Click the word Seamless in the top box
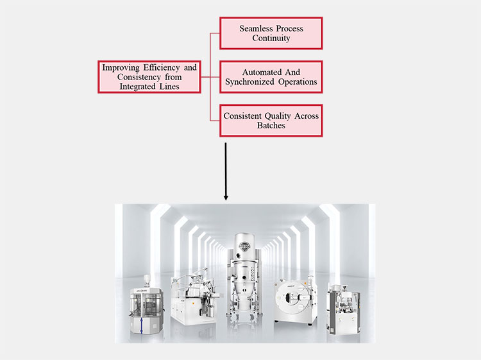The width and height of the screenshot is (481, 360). (x=255, y=28)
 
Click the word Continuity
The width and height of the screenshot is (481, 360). (x=271, y=38)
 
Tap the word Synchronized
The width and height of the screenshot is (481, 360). (x=249, y=81)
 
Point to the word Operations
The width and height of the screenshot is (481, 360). (x=298, y=81)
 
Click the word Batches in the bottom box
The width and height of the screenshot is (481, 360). (x=271, y=125)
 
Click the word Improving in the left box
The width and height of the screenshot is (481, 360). (x=121, y=67)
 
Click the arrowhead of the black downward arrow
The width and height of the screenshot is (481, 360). (x=226, y=197)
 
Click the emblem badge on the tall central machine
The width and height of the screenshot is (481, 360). (x=244, y=246)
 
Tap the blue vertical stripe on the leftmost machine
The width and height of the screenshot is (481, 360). (x=141, y=325)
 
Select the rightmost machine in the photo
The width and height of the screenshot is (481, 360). (x=343, y=309)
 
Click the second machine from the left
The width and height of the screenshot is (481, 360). (x=194, y=296)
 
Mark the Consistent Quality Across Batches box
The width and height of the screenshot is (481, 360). (x=271, y=121)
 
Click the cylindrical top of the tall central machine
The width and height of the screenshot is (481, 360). (x=244, y=246)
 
